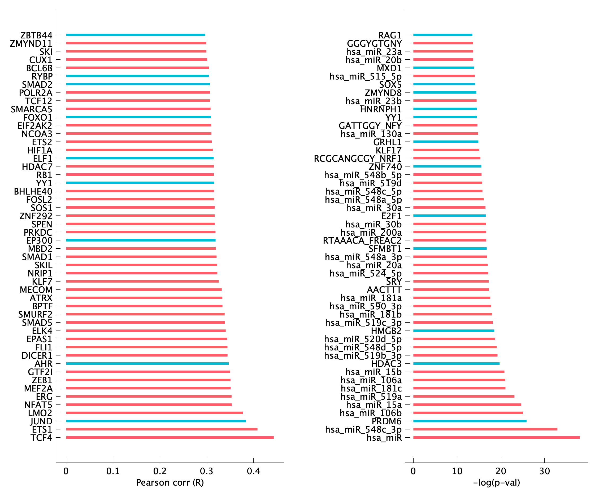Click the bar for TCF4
(170, 437)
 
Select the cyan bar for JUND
(156, 421)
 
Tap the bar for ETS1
(162, 429)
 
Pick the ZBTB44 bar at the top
(135, 35)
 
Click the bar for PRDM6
(470, 421)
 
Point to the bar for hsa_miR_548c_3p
(485, 429)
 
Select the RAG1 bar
(443, 35)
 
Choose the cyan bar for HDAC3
(456, 364)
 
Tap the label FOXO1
(38, 117)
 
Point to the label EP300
(40, 240)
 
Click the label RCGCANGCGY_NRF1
(358, 158)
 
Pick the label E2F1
(391, 216)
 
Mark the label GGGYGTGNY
(374, 43)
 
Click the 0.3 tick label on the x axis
(206, 471)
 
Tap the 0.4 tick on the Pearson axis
(253, 471)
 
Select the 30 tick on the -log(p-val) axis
(544, 471)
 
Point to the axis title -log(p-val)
(496, 483)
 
